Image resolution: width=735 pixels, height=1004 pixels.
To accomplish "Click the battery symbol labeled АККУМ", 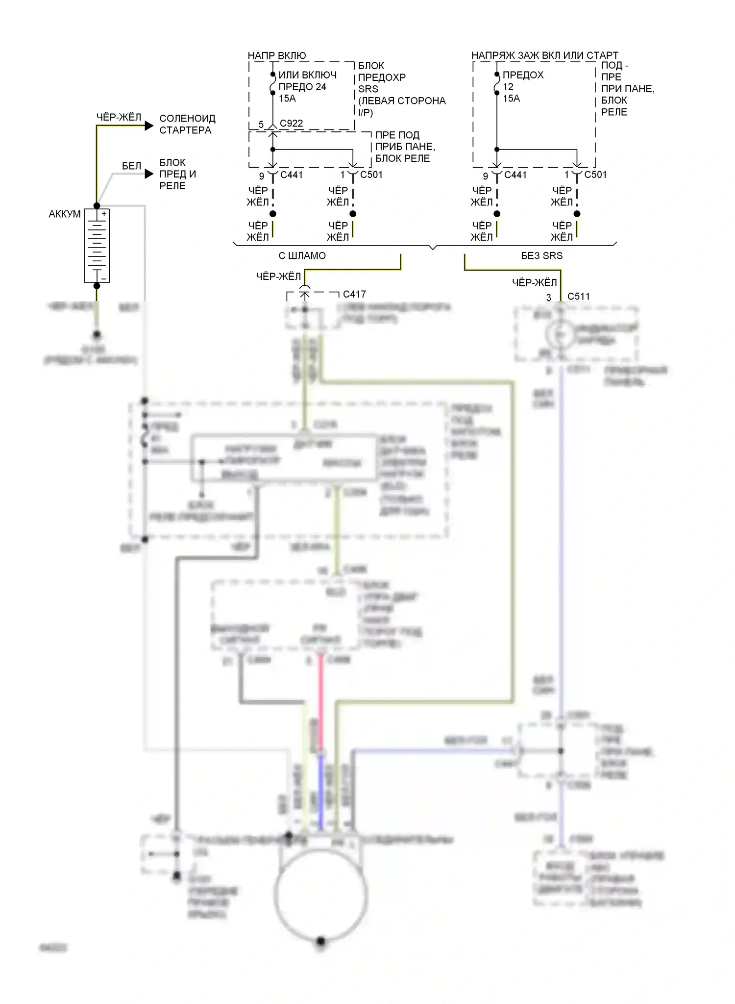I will pyautogui.click(x=97, y=246).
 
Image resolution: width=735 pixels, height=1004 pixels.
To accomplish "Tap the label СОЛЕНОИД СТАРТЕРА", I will pyautogui.click(x=187, y=125).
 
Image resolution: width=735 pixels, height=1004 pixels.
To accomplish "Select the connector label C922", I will pyautogui.click(x=291, y=124).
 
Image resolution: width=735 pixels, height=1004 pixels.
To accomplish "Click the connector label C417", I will pyautogui.click(x=354, y=294).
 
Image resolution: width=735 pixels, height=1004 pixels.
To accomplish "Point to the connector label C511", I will pyautogui.click(x=578, y=297).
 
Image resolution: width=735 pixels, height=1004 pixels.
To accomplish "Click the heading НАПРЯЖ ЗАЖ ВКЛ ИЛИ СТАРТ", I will pyautogui.click(x=544, y=55).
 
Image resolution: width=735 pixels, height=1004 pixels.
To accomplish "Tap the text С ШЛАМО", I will pyautogui.click(x=302, y=256).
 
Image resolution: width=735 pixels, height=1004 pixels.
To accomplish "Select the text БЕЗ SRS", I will pyautogui.click(x=541, y=256).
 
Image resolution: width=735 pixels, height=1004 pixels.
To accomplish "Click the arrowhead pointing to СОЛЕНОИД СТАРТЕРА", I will pyautogui.click(x=149, y=126).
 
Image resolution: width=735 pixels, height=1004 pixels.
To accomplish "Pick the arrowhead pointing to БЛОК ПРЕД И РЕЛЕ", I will pyautogui.click(x=149, y=174).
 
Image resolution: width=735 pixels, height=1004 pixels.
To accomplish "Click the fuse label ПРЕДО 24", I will pyautogui.click(x=302, y=87).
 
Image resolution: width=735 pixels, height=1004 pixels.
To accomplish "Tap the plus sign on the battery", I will pyautogui.click(x=104, y=214).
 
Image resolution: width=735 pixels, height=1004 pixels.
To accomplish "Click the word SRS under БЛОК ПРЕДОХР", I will pyautogui.click(x=368, y=89).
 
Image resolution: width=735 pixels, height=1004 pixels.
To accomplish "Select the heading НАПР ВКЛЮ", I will pyautogui.click(x=277, y=55).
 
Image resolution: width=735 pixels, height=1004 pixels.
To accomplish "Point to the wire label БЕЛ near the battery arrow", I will pyautogui.click(x=131, y=166).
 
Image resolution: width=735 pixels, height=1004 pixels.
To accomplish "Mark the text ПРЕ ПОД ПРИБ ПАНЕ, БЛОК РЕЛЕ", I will pyautogui.click(x=405, y=147).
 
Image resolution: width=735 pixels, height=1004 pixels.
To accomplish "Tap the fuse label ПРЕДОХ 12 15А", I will pyautogui.click(x=522, y=87).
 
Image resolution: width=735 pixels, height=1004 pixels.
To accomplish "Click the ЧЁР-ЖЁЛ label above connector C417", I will pyautogui.click(x=278, y=276).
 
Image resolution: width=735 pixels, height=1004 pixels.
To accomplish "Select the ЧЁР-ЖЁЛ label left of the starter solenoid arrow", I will pyautogui.click(x=119, y=117).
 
